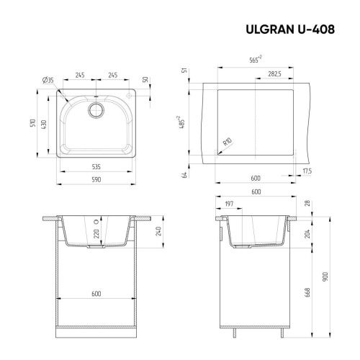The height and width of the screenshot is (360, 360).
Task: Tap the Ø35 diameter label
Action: coord(50,79)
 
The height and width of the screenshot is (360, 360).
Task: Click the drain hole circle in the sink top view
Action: coord(95,109)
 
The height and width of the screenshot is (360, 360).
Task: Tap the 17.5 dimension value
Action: coord(307,171)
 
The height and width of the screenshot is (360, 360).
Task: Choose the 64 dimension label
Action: coord(186,175)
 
